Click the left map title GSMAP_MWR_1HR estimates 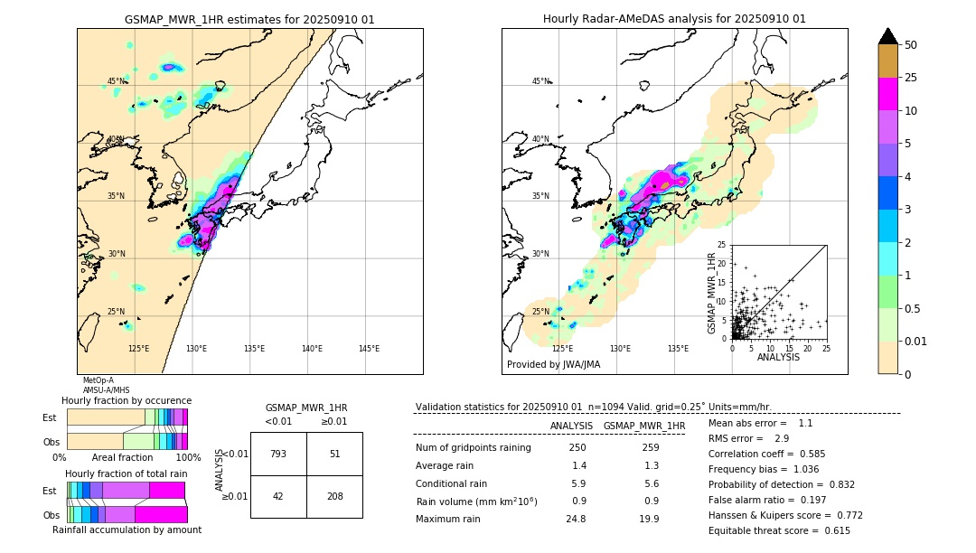tap(249, 19)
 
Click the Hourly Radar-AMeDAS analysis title tap(674, 19)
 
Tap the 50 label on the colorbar tap(911, 45)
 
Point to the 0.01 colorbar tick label tap(915, 341)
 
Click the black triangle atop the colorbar tap(888, 36)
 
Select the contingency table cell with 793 tap(278, 454)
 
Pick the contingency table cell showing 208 tap(334, 496)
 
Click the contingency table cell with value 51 tap(334, 454)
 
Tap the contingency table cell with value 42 tap(278, 496)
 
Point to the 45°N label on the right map tap(540, 81)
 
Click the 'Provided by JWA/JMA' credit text tap(553, 365)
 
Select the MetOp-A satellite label tap(98, 380)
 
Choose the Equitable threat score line tap(779, 530)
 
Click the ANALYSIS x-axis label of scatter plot tap(778, 357)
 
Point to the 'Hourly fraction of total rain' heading tap(127, 473)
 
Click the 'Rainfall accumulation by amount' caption tap(127, 530)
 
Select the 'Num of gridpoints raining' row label tap(473, 448)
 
